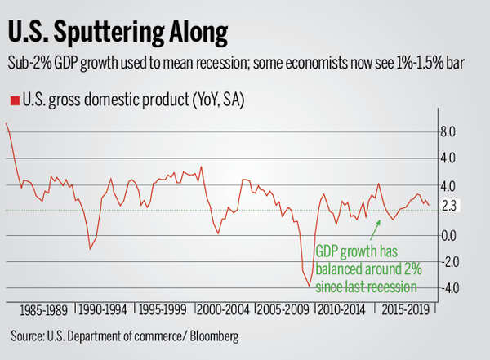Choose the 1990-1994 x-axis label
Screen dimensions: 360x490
click(x=104, y=311)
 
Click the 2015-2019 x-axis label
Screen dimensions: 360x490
click(x=407, y=311)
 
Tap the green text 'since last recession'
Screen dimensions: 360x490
click(x=366, y=287)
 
